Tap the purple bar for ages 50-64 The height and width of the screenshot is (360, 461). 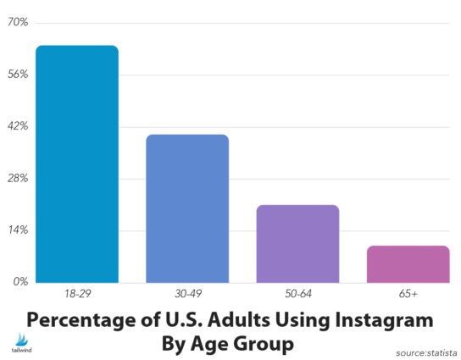pos(297,243)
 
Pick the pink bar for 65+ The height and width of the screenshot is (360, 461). pos(408,263)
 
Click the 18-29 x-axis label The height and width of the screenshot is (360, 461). pos(76,293)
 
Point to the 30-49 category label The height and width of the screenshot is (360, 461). pos(186,293)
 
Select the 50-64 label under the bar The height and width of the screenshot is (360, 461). pos(297,293)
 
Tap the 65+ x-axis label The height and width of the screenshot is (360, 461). pos(408,293)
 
